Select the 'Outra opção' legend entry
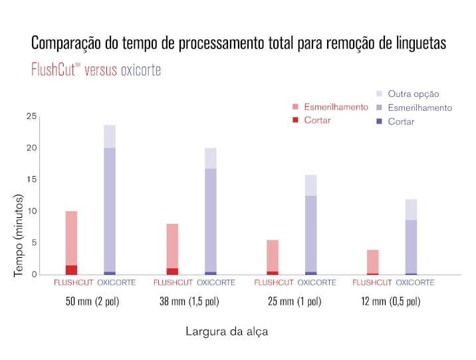click(x=413, y=94)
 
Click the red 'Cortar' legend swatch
click(x=295, y=120)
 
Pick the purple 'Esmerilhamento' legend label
click(x=419, y=108)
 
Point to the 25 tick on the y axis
click(x=31, y=117)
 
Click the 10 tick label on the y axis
click(x=31, y=211)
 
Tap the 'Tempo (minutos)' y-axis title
click(x=19, y=235)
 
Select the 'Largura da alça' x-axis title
click(x=226, y=331)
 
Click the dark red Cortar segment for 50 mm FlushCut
click(x=71, y=270)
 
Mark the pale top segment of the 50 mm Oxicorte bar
click(x=110, y=136)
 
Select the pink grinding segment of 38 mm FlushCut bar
click(x=172, y=246)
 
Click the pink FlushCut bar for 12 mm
click(x=373, y=261)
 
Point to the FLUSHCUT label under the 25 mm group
click(x=274, y=282)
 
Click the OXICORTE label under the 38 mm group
click(x=216, y=282)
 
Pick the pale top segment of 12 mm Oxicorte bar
click(x=412, y=209)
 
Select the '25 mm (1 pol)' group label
click(x=294, y=302)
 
